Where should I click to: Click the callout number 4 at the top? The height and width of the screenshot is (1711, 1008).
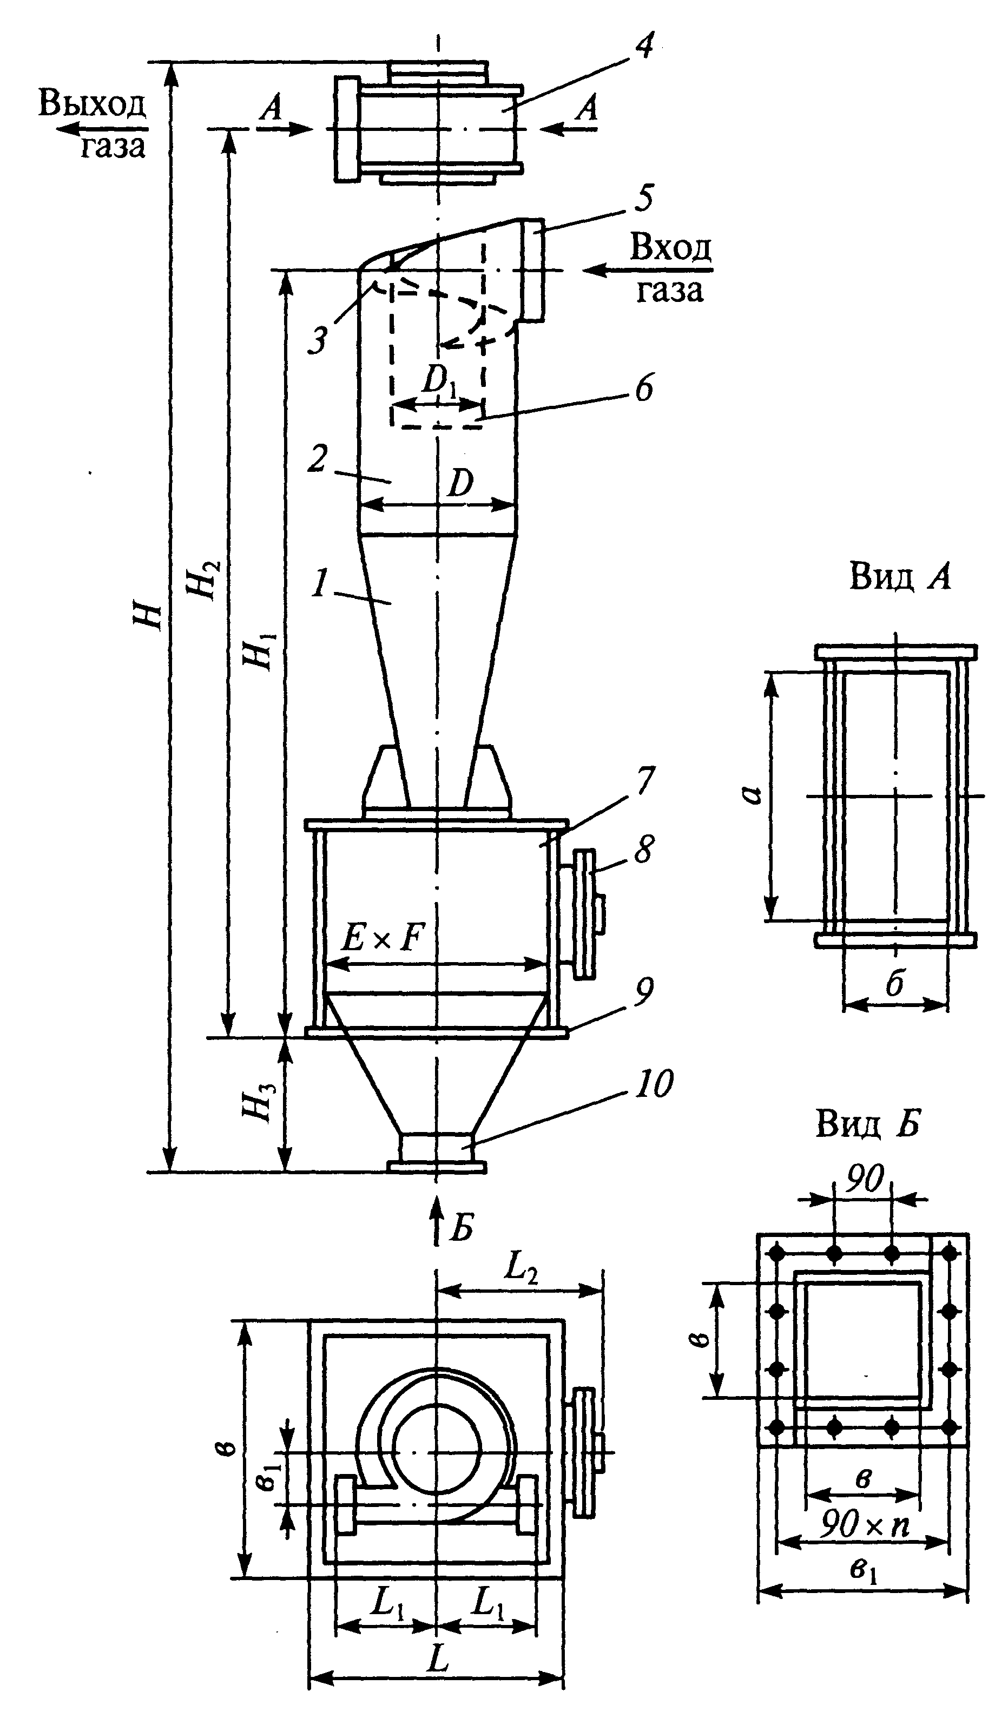pyautogui.click(x=643, y=46)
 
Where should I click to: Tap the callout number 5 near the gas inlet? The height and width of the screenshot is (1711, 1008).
pyautogui.click(x=644, y=199)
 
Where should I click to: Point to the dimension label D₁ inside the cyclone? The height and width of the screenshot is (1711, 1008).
pyautogui.click(x=439, y=381)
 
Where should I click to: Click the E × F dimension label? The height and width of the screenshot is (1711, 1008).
pyautogui.click(x=383, y=939)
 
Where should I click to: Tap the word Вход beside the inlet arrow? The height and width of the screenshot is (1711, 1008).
pyautogui.click(x=670, y=248)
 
